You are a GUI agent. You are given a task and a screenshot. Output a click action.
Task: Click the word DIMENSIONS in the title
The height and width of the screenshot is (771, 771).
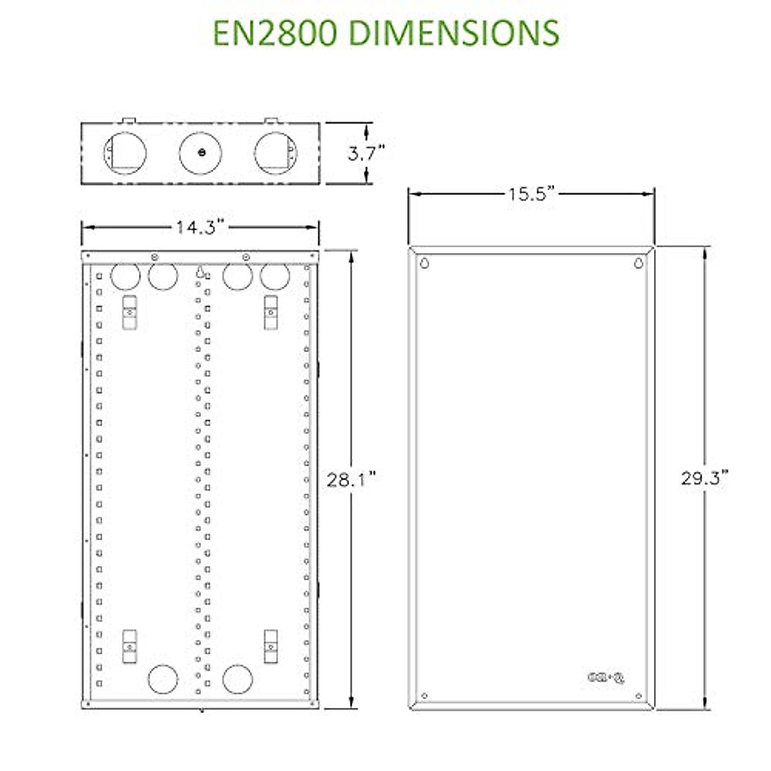454,33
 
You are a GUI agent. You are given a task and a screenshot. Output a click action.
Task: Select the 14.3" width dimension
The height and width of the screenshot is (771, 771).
200,227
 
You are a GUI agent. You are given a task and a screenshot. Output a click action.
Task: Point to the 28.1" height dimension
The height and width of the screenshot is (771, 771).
351,479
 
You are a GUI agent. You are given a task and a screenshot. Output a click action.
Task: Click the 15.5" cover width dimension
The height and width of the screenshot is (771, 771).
531,194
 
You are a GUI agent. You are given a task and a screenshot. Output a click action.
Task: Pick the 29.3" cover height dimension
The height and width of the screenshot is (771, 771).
705,479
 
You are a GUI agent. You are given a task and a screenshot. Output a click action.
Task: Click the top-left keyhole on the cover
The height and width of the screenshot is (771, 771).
425,263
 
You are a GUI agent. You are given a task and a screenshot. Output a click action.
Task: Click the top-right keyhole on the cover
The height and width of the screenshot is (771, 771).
638,263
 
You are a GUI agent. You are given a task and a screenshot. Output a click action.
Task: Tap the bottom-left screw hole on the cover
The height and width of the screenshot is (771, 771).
424,696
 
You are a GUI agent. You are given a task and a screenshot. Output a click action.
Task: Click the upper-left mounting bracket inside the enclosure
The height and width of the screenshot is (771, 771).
129,312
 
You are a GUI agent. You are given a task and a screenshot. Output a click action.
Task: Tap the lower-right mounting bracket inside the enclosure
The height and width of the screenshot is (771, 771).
271,646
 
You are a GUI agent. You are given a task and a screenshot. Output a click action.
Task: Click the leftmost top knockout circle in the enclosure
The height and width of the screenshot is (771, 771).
125,277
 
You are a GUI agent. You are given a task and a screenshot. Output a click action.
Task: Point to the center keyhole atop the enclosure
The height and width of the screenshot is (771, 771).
200,272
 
